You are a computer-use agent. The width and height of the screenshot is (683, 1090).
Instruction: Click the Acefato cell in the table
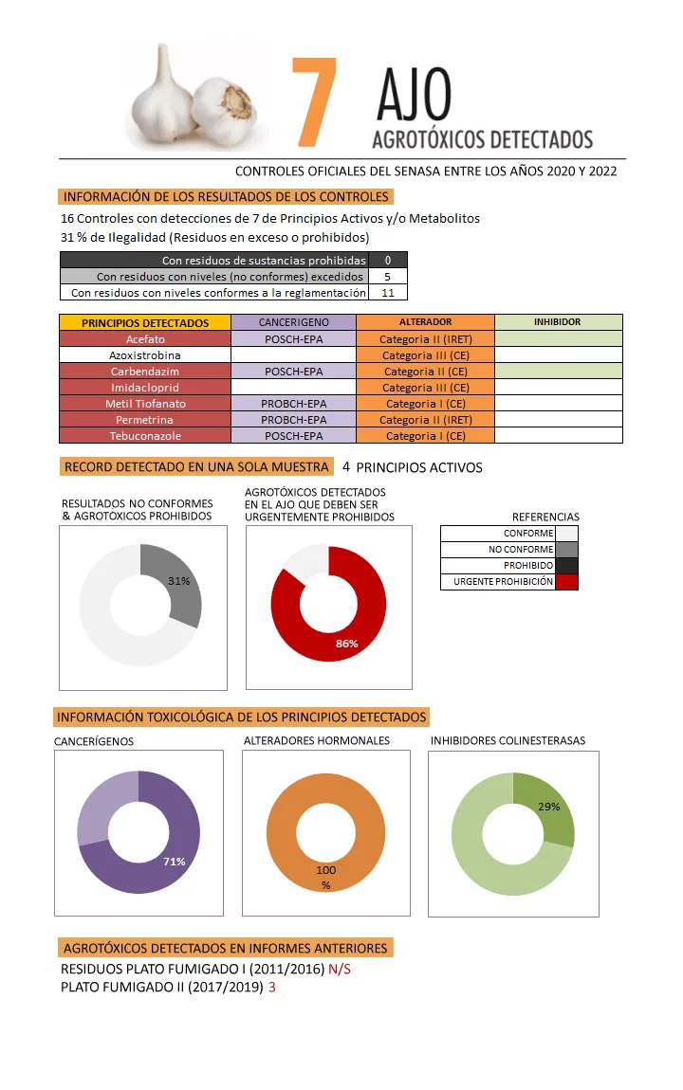[145, 338]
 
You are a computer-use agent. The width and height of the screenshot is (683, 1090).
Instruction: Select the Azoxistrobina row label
[145, 354]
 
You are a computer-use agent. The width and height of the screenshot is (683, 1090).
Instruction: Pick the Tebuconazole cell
[145, 436]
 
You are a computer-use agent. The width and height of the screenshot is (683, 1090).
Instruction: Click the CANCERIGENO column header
[293, 322]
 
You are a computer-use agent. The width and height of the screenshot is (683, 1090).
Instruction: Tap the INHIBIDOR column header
[558, 322]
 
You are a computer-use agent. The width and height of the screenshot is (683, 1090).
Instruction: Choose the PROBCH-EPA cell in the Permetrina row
[293, 420]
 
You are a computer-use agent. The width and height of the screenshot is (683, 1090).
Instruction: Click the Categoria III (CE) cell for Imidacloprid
[425, 388]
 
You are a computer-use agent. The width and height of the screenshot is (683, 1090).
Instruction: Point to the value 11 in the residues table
[387, 293]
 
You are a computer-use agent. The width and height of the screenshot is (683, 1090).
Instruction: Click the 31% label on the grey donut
[179, 581]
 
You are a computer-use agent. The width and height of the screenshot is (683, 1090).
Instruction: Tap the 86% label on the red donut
[346, 645]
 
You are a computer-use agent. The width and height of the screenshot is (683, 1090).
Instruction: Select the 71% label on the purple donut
[174, 862]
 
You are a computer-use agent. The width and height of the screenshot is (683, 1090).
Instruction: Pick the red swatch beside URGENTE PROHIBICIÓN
[566, 581]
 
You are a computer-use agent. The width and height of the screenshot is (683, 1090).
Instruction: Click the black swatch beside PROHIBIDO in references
[566, 565]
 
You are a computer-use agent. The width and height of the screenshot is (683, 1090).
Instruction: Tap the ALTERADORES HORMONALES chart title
[317, 740]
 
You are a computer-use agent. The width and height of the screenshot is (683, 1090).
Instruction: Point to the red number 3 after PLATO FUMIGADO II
[272, 987]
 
